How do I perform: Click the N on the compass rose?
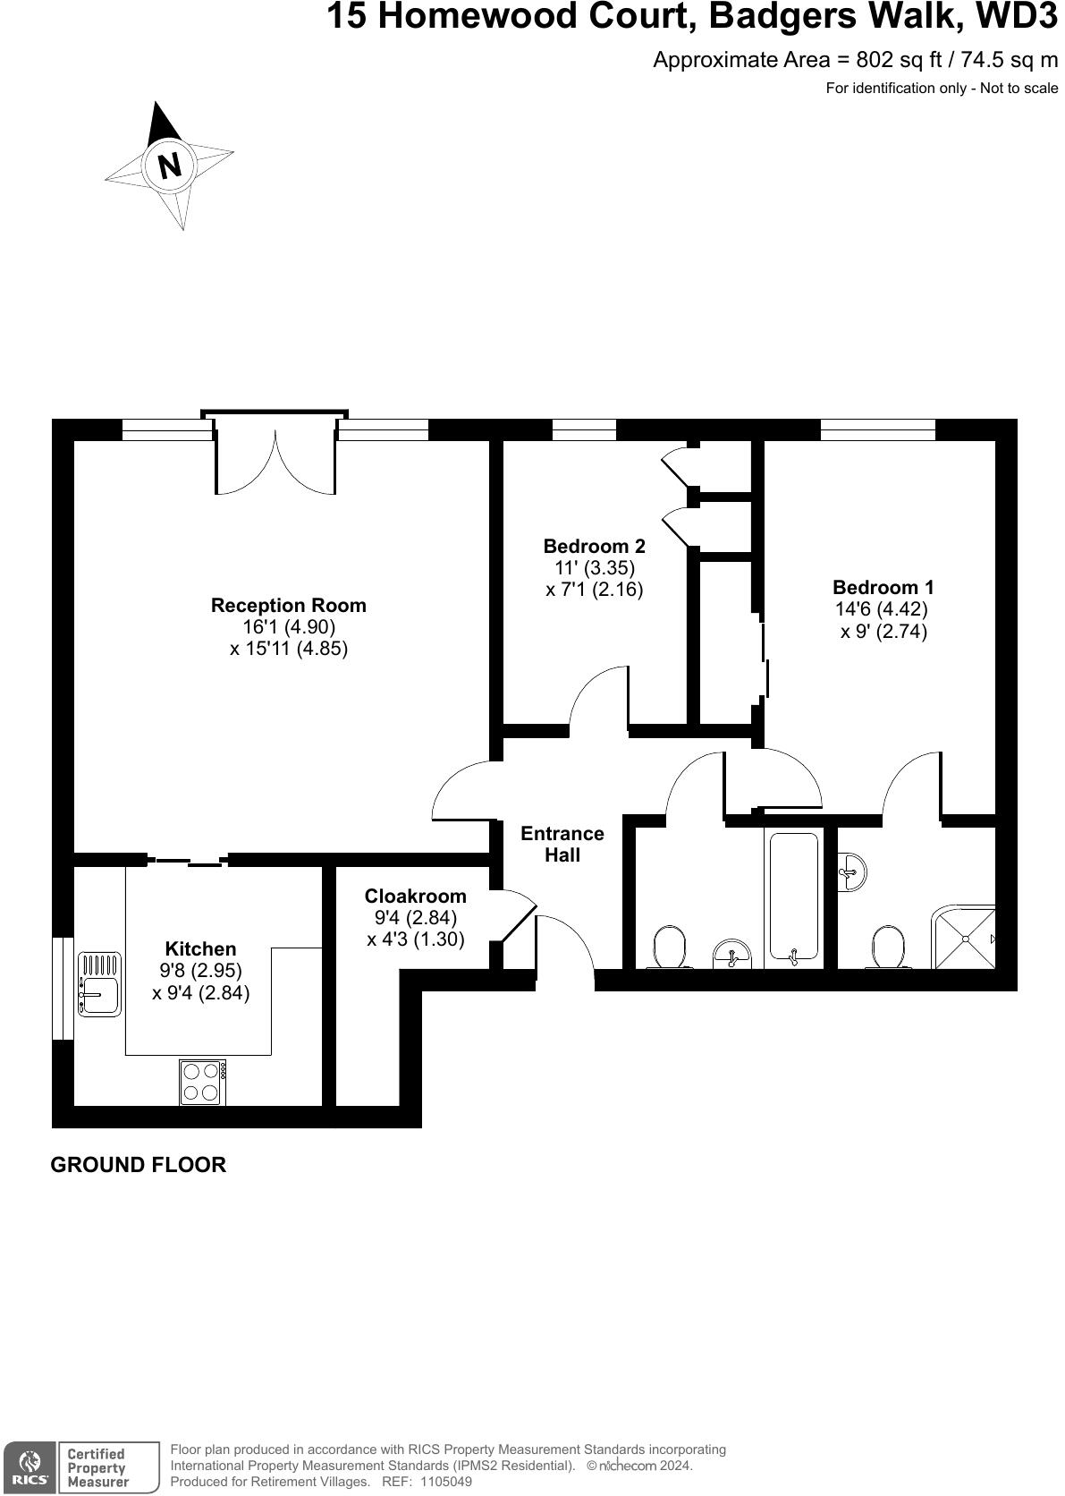click(x=169, y=166)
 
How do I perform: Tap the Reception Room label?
click(x=288, y=605)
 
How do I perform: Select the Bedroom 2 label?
click(x=594, y=546)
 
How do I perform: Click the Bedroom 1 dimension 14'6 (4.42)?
click(x=882, y=609)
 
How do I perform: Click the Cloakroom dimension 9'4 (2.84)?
click(x=416, y=917)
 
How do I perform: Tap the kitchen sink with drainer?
click(x=99, y=983)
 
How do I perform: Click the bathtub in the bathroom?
click(x=793, y=897)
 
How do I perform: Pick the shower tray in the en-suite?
click(x=964, y=937)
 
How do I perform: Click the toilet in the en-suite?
click(x=889, y=947)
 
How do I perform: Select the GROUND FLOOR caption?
click(x=139, y=1164)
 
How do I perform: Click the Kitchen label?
click(x=200, y=948)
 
